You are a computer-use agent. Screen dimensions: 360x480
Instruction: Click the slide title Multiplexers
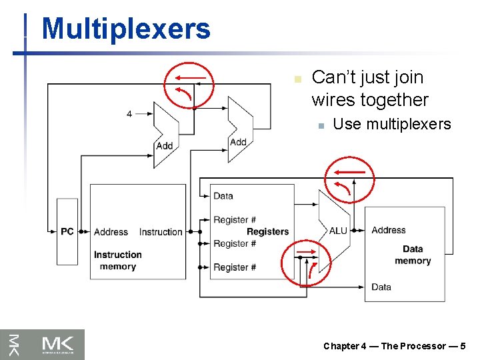pyautogui.click(x=125, y=29)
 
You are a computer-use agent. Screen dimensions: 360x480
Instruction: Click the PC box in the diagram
pyautogui.click(x=67, y=231)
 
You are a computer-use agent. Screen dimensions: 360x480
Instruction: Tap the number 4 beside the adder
pyautogui.click(x=129, y=114)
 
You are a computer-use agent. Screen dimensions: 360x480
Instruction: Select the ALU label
pyautogui.click(x=338, y=231)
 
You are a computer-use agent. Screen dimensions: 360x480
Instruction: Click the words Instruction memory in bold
pyautogui.click(x=117, y=260)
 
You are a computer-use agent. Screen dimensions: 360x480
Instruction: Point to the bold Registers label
pyautogui.click(x=267, y=231)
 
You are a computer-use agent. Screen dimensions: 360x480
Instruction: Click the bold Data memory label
pyautogui.click(x=413, y=255)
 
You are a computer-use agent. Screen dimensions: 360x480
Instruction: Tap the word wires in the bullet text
pyautogui.click(x=334, y=100)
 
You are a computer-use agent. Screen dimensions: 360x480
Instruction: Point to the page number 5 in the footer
pyautogui.click(x=463, y=346)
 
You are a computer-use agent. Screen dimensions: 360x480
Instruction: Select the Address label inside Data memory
pyautogui.click(x=388, y=230)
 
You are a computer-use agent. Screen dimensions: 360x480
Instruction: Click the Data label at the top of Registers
pyautogui.click(x=223, y=196)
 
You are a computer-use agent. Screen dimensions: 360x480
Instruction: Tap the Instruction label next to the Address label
pyautogui.click(x=161, y=232)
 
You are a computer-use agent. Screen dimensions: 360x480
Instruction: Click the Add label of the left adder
pyautogui.click(x=164, y=146)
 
